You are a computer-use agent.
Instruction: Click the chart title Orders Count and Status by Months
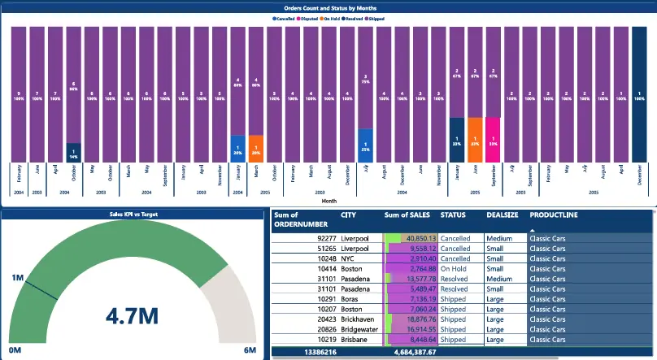328,8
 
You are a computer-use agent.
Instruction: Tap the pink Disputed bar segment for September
493,140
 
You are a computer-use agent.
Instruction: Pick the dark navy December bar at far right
641,94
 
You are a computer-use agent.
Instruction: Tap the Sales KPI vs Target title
133,215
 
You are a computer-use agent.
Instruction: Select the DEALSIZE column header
503,215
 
